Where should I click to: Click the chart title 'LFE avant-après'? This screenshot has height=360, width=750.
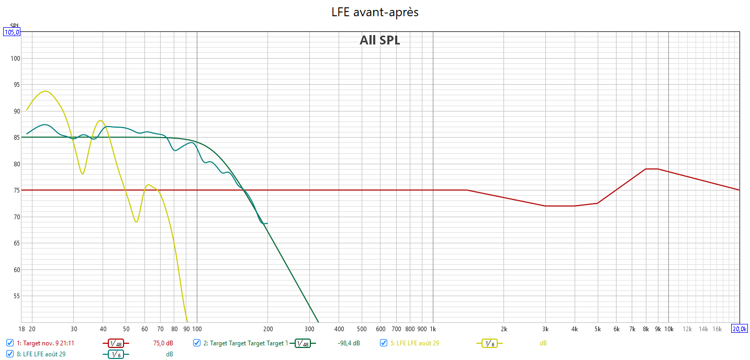[x=375, y=12]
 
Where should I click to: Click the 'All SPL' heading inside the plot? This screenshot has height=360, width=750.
[x=379, y=40]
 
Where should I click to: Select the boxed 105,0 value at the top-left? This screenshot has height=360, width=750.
[x=12, y=32]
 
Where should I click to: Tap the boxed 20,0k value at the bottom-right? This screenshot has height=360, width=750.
[x=740, y=329]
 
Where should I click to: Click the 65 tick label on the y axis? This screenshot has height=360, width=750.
[x=15, y=243]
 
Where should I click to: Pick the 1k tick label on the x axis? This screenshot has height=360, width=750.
[x=433, y=329]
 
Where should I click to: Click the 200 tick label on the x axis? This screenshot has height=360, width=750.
[x=267, y=329]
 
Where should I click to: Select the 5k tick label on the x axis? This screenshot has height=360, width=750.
[x=598, y=329]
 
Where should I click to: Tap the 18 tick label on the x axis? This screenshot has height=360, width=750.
[x=21, y=329]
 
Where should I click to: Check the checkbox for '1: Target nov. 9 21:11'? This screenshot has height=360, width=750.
[x=10, y=343]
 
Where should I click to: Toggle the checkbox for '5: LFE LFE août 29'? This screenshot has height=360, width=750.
[x=384, y=343]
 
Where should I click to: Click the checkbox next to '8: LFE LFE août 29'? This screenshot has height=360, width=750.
[x=10, y=354]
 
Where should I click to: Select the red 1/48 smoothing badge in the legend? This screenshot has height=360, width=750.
[x=116, y=343]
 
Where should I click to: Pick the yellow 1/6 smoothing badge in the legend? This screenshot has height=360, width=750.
[x=489, y=343]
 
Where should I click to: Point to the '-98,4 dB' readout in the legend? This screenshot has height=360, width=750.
[x=349, y=343]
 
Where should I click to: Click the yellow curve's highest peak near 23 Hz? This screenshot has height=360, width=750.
[x=45, y=91]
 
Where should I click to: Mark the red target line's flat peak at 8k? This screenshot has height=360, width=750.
[x=652, y=169]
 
